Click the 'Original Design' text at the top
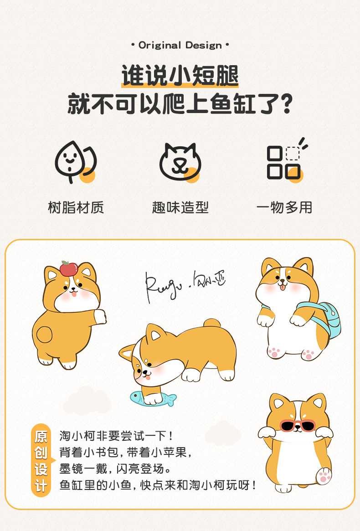(x=180, y=45)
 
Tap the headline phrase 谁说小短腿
(x=180, y=76)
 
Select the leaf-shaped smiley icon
(x=74, y=162)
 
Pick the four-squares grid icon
(x=284, y=162)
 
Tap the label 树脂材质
(x=76, y=207)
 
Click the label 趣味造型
(x=180, y=207)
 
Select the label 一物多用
(x=284, y=207)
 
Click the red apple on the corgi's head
(x=68, y=269)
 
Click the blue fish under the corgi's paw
(x=153, y=398)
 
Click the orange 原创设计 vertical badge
(x=41, y=461)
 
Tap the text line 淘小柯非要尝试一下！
(x=116, y=436)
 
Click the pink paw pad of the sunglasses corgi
(x=323, y=476)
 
